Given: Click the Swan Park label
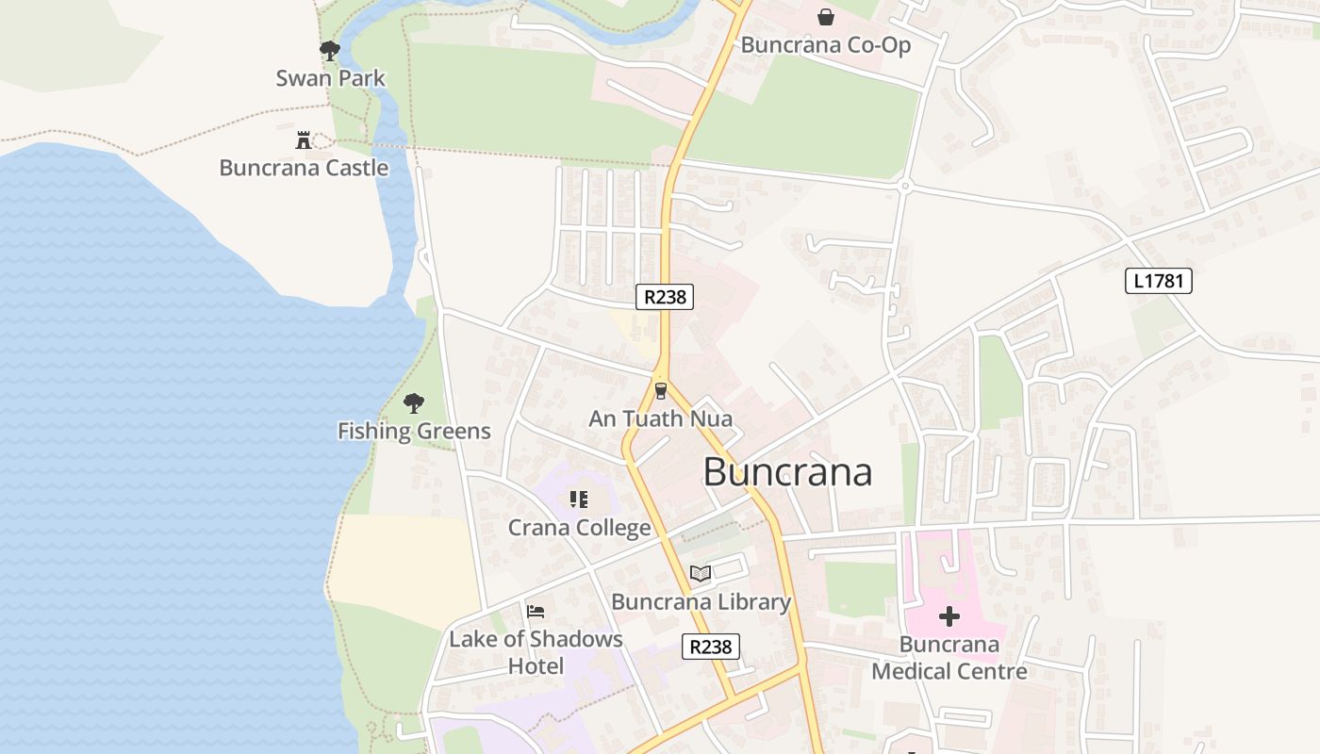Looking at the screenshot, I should pos(330,78).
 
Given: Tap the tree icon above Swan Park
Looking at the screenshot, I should pos(329,50).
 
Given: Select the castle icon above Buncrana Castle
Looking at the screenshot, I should pos(304,140).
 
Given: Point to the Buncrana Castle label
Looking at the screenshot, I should pos(304,168).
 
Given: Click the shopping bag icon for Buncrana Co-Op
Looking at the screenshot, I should pos(826,17).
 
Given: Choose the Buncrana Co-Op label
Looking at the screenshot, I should pos(826,45).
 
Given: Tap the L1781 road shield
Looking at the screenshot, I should pos(1159,281).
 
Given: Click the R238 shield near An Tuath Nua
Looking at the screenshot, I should pos(665,297).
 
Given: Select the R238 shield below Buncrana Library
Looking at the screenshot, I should pos(710,647).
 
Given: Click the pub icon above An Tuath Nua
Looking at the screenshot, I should pos(660,390).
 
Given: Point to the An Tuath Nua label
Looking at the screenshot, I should pos(660,418).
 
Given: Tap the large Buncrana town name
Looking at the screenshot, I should pos(787,472).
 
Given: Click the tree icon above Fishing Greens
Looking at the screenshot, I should pos(413,404).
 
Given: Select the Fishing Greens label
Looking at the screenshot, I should pos(414,432).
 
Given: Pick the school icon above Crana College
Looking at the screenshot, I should pos(579,500).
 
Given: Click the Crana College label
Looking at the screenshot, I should pos(579,528).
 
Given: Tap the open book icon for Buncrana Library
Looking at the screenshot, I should pos(700,574).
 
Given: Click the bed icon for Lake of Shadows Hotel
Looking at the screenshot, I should pos(536,612).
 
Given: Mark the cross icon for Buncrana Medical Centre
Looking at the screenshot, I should pos(949,617).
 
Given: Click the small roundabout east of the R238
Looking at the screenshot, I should pos(904,187).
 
